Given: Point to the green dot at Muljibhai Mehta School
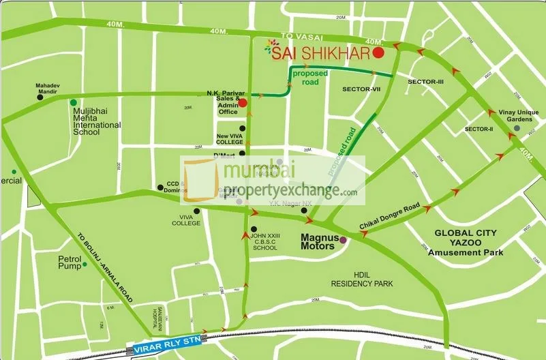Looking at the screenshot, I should (74, 102).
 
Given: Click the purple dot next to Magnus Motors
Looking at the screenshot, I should (343, 240).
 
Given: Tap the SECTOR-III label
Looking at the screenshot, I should (425, 82).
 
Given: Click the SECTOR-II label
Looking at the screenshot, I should (478, 129).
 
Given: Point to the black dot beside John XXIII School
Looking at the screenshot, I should (254, 229).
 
